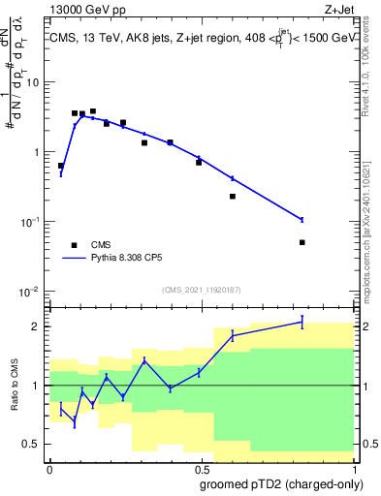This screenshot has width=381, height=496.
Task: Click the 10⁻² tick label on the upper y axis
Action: [x=31, y=292]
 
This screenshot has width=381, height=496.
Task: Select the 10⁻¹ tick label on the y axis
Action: [x=31, y=222]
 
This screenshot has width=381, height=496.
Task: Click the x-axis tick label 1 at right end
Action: [x=354, y=468]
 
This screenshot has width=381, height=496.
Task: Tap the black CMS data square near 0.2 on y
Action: [x=233, y=197]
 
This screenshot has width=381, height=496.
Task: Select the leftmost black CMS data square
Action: [x=61, y=166]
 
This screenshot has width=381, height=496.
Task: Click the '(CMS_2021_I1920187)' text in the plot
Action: [x=201, y=289]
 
